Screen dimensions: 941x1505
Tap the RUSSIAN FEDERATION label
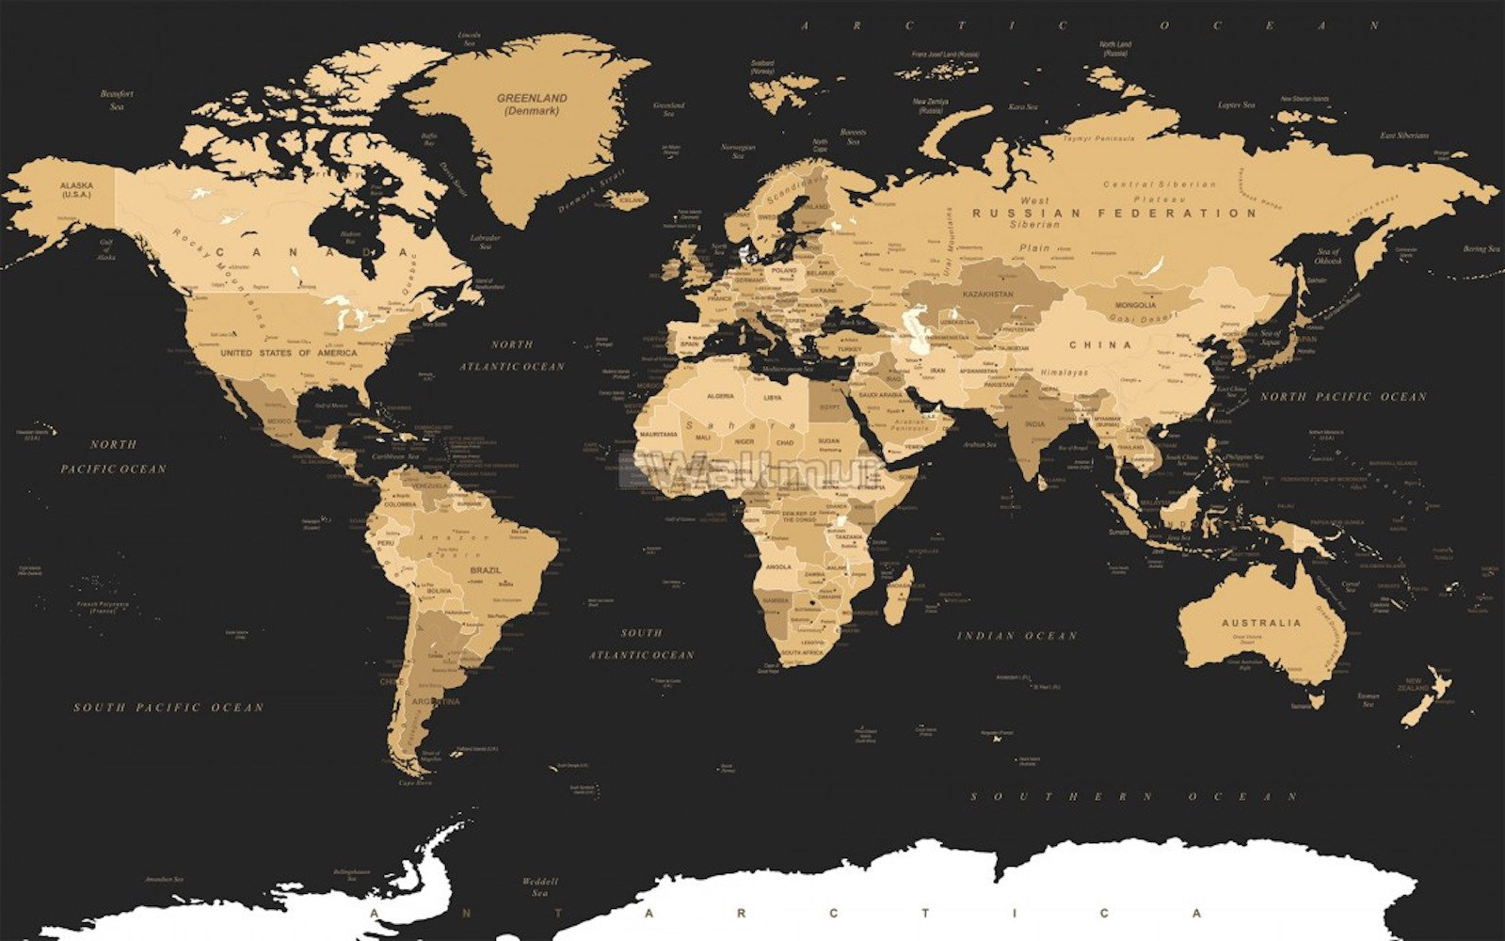(1115, 214)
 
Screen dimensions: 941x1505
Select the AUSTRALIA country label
(1261, 623)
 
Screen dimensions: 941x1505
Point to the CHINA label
(1101, 345)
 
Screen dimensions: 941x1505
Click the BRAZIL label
(486, 570)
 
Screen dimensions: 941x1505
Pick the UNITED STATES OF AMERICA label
(289, 353)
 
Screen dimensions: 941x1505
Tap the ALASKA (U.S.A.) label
(76, 190)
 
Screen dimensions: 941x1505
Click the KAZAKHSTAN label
(987, 295)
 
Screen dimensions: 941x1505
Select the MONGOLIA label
(1135, 305)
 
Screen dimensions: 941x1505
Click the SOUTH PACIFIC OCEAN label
(169, 707)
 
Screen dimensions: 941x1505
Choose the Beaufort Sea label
(118, 100)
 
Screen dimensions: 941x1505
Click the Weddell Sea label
(540, 887)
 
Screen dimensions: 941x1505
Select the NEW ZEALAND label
(1413, 685)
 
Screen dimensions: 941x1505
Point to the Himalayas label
(1063, 373)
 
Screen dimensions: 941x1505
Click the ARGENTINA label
(439, 701)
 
